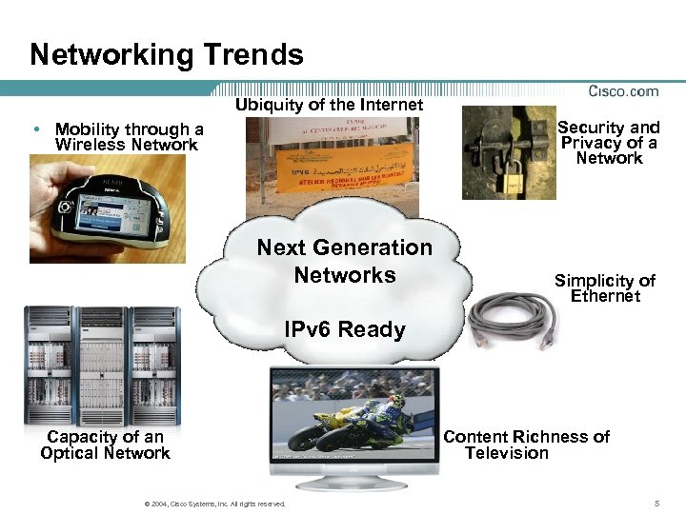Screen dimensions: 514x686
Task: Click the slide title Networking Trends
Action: [167, 54]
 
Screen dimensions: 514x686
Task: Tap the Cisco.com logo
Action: [624, 91]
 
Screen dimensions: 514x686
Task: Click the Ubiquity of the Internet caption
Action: [329, 106]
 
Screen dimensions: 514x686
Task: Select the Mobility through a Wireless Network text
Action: [129, 137]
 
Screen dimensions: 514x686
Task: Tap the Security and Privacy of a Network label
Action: [609, 142]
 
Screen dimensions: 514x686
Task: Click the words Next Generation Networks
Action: [344, 261]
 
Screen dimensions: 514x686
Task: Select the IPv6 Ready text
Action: [344, 330]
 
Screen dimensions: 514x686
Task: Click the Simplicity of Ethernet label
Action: [605, 287]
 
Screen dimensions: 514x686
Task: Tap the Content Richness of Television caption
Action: [526, 445]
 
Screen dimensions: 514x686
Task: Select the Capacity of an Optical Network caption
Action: [105, 445]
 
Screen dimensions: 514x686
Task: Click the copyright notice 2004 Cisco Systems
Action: [212, 504]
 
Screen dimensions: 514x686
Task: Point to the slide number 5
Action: [656, 503]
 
